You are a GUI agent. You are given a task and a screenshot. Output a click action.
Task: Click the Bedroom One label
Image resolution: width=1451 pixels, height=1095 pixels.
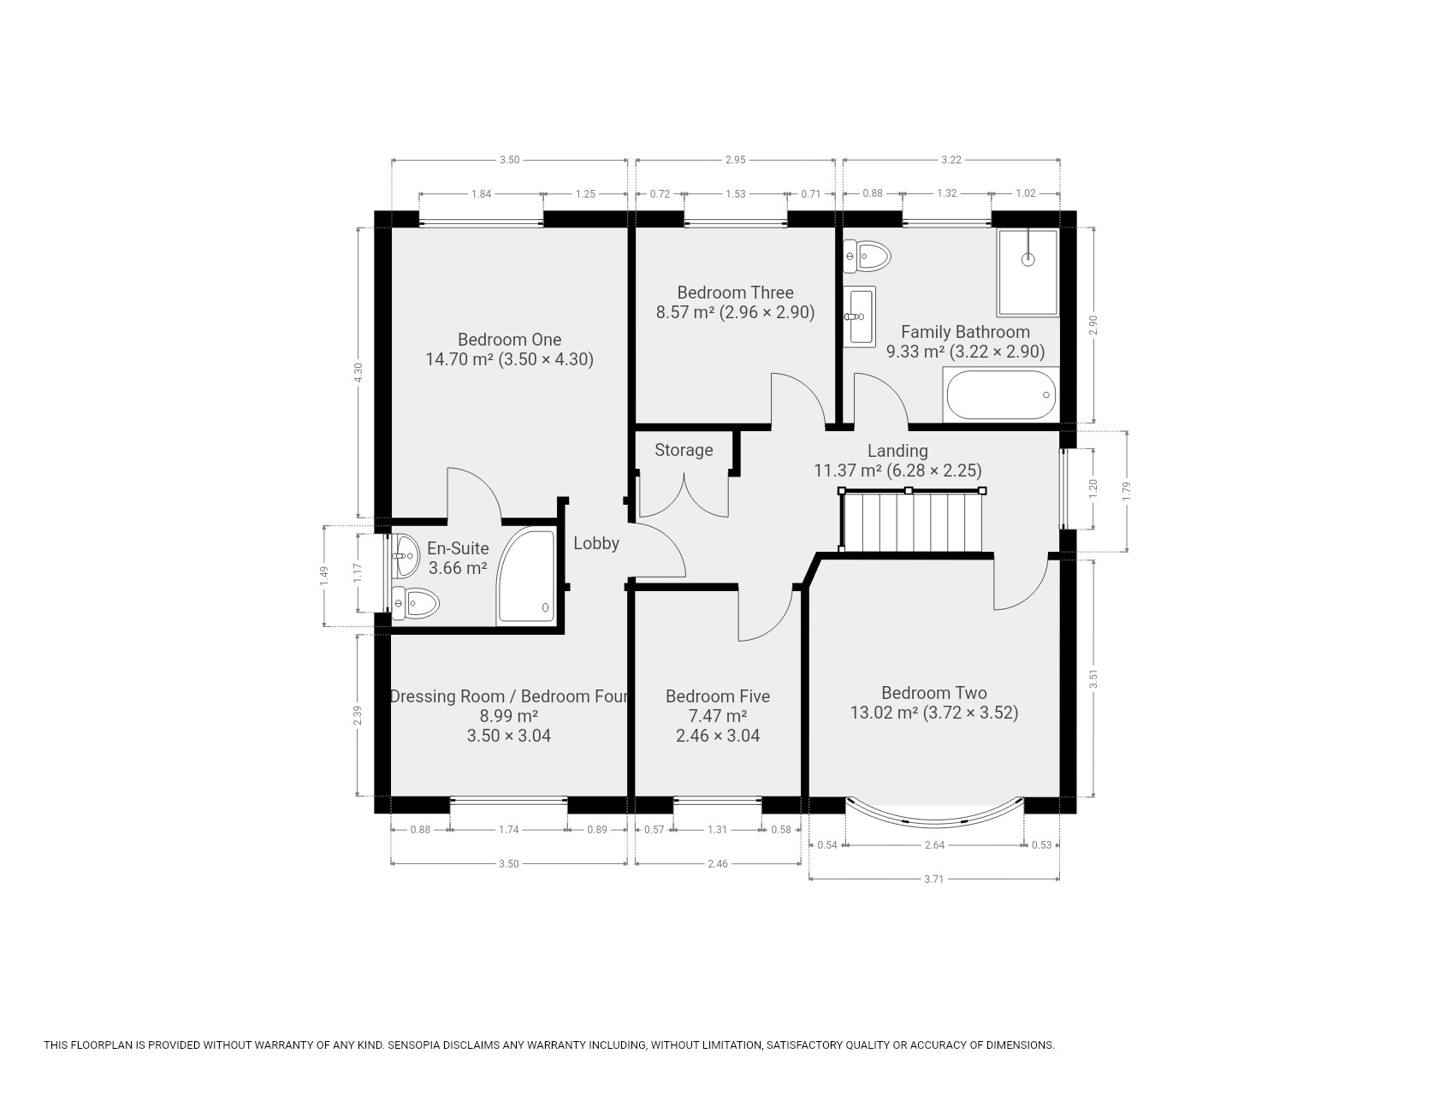point(509,340)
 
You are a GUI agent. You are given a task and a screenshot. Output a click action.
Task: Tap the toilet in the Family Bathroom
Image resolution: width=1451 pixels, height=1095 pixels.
point(867,255)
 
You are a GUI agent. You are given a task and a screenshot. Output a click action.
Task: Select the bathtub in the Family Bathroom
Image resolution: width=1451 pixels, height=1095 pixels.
point(1001,394)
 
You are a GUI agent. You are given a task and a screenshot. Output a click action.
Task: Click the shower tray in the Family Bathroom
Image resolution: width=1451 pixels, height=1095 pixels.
point(1028,272)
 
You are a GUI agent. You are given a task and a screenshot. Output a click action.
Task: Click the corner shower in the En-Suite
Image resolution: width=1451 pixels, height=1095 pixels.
point(525,577)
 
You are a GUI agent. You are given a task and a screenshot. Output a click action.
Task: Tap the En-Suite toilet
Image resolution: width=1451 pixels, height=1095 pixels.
point(415,603)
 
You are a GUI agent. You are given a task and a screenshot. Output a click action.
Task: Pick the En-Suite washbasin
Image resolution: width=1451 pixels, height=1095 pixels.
point(405,555)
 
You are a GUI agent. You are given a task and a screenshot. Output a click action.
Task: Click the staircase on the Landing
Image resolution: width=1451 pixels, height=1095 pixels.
point(912,521)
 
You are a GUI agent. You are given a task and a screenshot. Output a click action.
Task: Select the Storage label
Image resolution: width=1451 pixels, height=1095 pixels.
point(684,450)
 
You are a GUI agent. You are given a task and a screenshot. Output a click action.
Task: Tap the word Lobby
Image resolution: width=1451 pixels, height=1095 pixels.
point(596,543)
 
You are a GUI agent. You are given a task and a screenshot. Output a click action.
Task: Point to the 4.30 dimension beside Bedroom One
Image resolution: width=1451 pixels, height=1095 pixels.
point(359,372)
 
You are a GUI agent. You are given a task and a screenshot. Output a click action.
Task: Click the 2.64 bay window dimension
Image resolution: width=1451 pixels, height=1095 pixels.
point(934,845)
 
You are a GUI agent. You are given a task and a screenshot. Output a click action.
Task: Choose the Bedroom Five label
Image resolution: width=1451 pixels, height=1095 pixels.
point(718,696)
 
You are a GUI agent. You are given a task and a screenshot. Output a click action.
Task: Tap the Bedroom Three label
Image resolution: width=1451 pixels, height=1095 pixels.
point(736,293)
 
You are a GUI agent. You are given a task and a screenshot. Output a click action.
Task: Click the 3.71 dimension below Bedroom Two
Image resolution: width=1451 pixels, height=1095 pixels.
point(933,879)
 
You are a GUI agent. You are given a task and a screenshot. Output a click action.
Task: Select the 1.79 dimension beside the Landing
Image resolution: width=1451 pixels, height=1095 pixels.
point(1127,491)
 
